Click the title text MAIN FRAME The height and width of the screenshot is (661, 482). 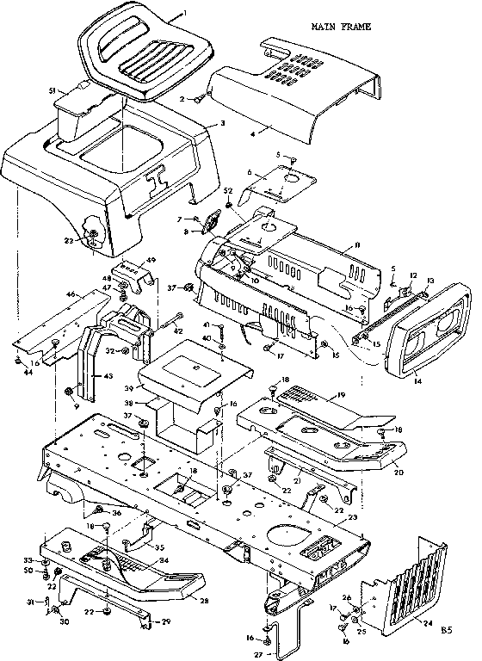(x=342, y=27)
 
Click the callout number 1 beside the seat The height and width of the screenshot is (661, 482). (x=184, y=15)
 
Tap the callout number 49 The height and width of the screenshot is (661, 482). (x=151, y=259)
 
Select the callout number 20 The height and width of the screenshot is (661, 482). (x=398, y=472)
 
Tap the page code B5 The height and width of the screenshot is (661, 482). (x=445, y=630)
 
